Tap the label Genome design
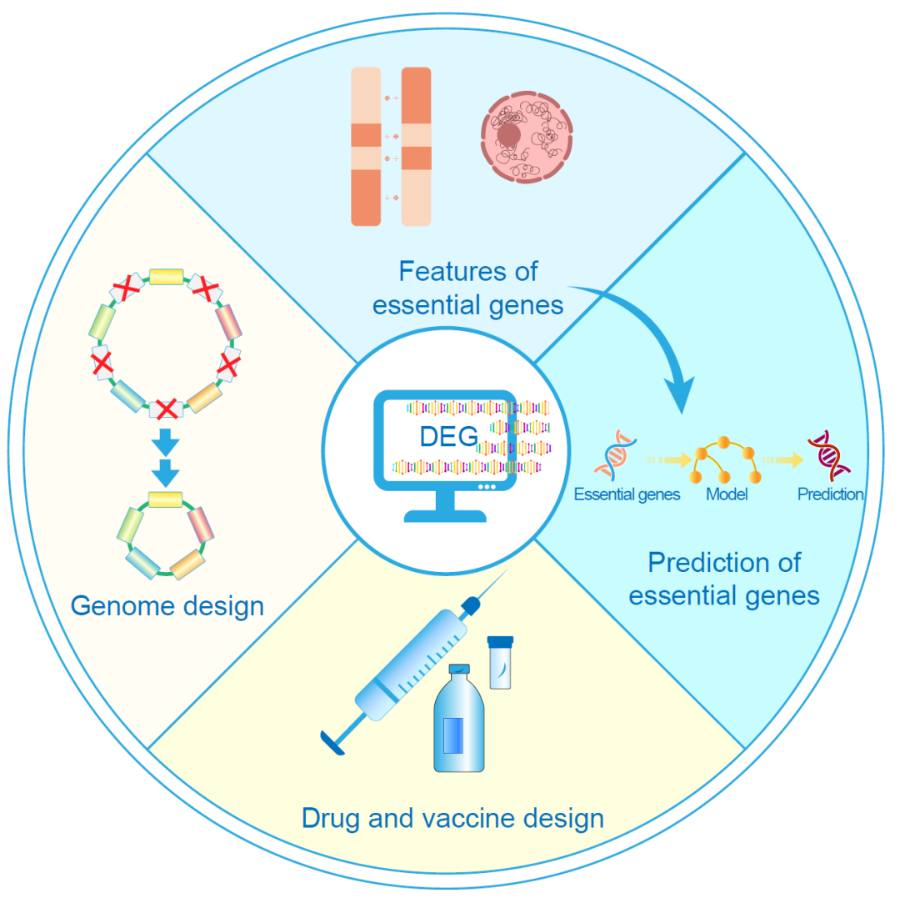(167, 605)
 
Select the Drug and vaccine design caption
(452, 818)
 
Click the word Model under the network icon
(727, 494)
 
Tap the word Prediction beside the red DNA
(830, 494)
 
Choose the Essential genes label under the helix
(627, 494)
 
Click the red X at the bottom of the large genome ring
(167, 409)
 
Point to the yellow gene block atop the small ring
(166, 499)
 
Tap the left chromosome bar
(366, 147)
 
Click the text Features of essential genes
(467, 288)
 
